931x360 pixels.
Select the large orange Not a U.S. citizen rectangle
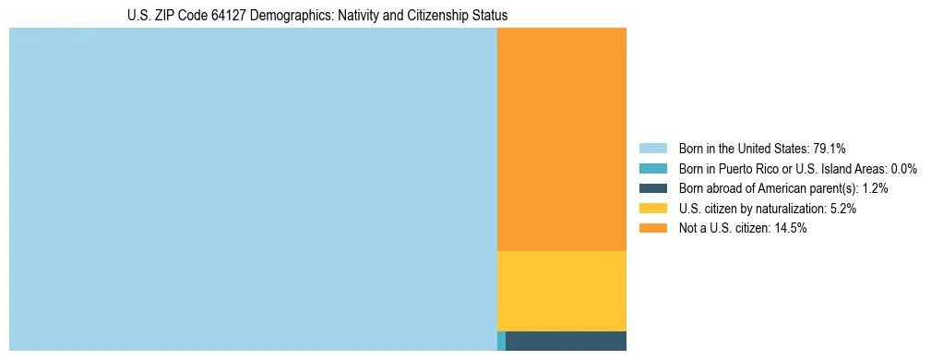point(562,138)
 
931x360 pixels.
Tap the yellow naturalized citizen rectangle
point(562,291)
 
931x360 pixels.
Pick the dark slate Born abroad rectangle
point(566,341)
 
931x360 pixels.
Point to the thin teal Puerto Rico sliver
point(501,341)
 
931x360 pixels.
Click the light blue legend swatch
point(652,149)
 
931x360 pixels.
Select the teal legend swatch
point(652,169)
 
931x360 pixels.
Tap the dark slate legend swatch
point(652,188)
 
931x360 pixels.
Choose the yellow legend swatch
point(652,209)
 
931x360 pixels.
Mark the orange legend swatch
point(652,229)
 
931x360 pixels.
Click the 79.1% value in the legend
point(830,149)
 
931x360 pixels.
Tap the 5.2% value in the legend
point(843,209)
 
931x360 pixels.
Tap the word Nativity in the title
point(339,16)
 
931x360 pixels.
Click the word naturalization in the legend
point(793,209)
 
